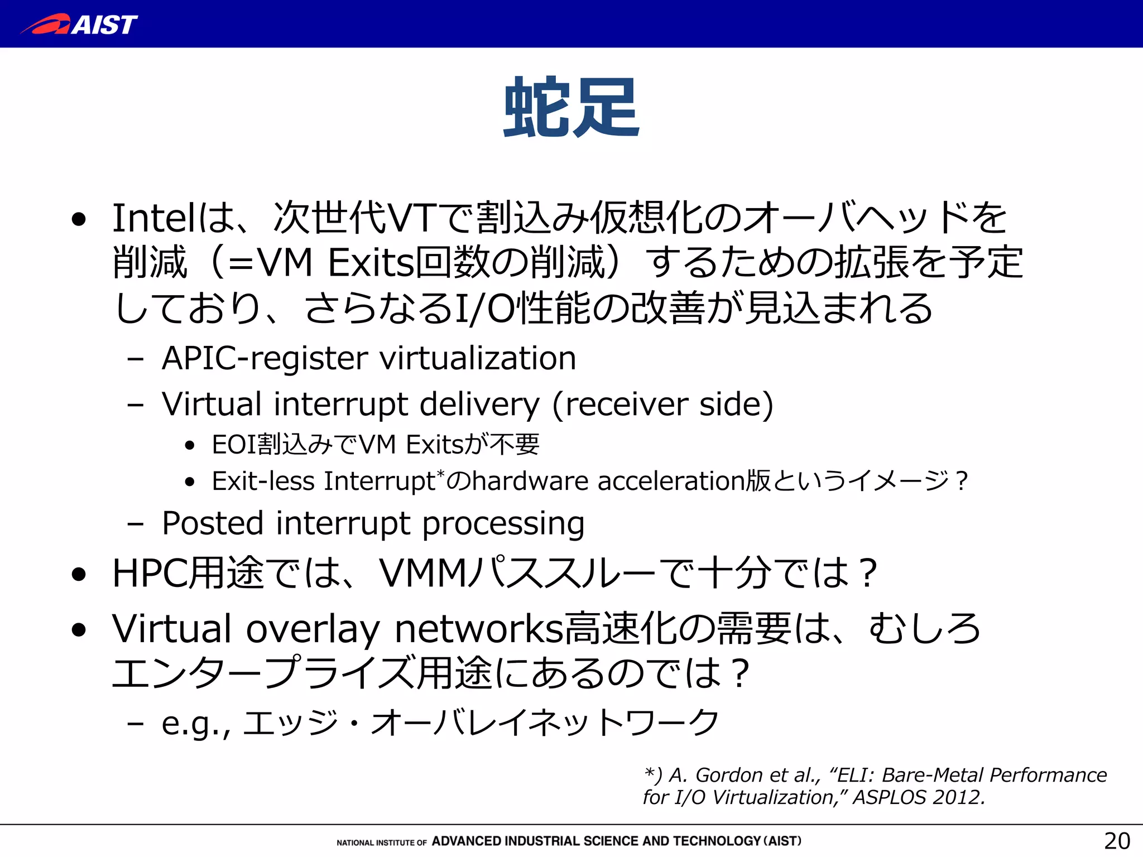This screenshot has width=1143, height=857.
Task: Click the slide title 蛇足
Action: (x=571, y=107)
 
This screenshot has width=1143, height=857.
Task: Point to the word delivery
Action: (x=479, y=404)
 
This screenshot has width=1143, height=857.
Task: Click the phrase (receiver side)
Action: (x=663, y=404)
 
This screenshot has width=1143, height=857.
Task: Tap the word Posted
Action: (x=213, y=523)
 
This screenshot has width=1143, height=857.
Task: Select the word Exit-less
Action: (x=263, y=481)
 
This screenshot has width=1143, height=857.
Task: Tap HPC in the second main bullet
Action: (x=150, y=574)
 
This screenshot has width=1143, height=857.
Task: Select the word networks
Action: (x=479, y=629)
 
